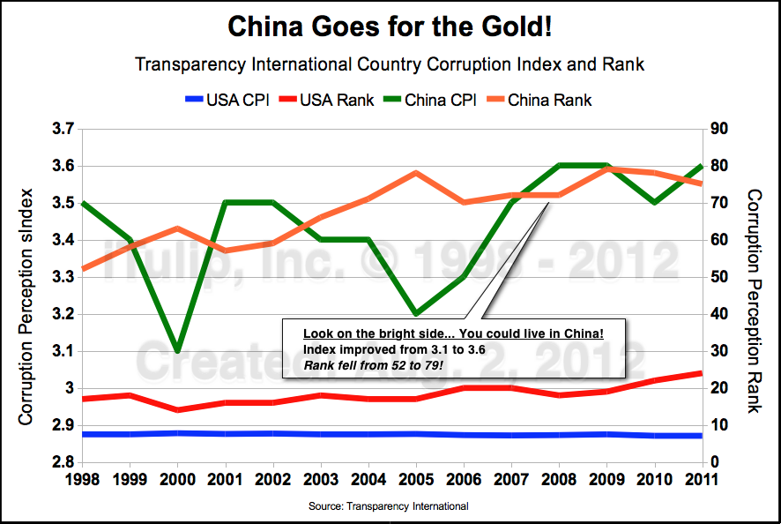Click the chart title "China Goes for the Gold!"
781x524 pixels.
click(390, 27)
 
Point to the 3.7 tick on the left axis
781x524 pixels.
click(61, 130)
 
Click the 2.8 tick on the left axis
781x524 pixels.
click(61, 462)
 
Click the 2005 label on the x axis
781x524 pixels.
click(414, 481)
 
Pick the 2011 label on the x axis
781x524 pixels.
click(701, 481)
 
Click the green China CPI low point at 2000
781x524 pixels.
click(178, 351)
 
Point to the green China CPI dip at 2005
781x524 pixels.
click(414, 314)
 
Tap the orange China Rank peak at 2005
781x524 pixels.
click(414, 173)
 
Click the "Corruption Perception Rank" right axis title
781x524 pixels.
click(754, 300)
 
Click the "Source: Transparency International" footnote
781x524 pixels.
click(388, 506)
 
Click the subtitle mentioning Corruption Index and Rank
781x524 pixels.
click(390, 64)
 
